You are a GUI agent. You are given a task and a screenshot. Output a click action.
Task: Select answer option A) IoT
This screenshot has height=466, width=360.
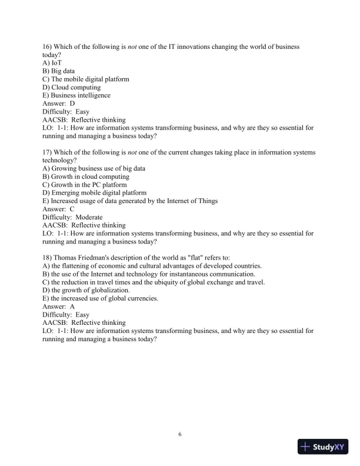pyautogui.click(x=52, y=62)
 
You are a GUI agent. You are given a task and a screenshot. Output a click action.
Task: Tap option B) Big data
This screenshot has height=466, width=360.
pyautogui.click(x=58, y=71)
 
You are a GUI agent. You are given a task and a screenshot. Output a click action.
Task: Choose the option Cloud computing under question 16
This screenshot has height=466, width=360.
pyautogui.click(x=71, y=87)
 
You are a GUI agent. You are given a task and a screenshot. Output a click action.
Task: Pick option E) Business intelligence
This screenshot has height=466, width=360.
pyautogui.click(x=76, y=95)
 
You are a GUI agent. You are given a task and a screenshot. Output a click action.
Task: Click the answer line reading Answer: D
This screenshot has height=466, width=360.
pyautogui.click(x=59, y=104)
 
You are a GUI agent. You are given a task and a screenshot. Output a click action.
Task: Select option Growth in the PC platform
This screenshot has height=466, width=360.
pyautogui.click(x=84, y=185)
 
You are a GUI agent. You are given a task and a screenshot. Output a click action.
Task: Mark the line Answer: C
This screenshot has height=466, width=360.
pyautogui.click(x=59, y=209)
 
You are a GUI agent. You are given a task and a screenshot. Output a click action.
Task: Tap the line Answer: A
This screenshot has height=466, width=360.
pyautogui.click(x=59, y=307)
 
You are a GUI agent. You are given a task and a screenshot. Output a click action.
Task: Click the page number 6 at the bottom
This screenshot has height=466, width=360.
pyautogui.click(x=180, y=434)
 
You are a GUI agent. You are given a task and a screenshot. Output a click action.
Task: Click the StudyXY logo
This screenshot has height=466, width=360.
pyautogui.click(x=324, y=447)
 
